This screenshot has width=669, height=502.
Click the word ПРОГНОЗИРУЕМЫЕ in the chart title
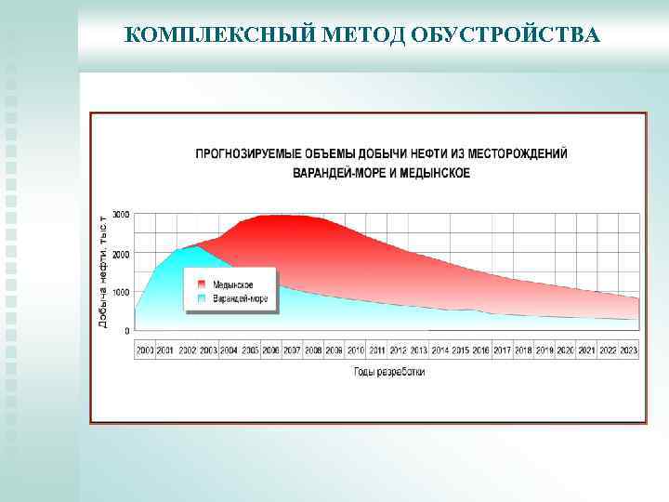pyautogui.click(x=254, y=153)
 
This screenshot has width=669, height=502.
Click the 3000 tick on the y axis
pyautogui.click(x=121, y=215)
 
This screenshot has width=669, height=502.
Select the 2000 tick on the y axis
pyautogui.click(x=121, y=254)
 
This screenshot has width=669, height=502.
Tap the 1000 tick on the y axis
pyautogui.click(x=121, y=292)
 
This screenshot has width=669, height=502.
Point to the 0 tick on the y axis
pyautogui.click(x=127, y=331)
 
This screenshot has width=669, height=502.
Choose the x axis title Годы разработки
pyautogui.click(x=389, y=371)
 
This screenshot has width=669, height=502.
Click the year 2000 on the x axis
pyautogui.click(x=145, y=350)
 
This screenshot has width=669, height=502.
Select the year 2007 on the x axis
pyautogui.click(x=292, y=350)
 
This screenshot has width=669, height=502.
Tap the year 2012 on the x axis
pyautogui.click(x=398, y=350)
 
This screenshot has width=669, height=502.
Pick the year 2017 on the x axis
pyautogui.click(x=502, y=350)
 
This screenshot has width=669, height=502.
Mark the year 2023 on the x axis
pyautogui.click(x=628, y=350)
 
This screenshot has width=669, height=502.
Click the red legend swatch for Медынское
pyautogui.click(x=201, y=284)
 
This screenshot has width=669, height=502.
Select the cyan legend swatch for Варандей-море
pyautogui.click(x=201, y=298)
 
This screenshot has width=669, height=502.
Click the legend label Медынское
pyautogui.click(x=232, y=284)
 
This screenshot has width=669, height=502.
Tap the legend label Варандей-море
pyautogui.click(x=240, y=298)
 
